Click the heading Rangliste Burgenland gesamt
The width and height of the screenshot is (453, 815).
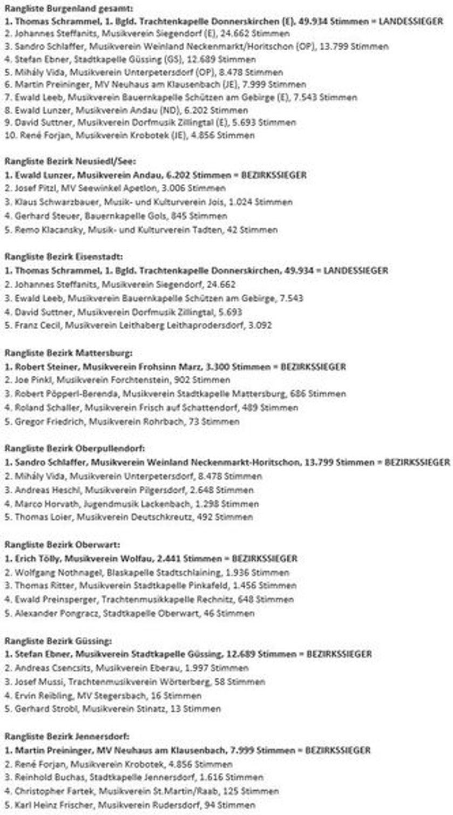pyautogui.click(x=69, y=9)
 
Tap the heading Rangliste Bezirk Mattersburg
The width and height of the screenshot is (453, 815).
pyautogui.click(x=68, y=353)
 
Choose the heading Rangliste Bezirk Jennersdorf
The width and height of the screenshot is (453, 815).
pyautogui.click(x=68, y=736)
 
